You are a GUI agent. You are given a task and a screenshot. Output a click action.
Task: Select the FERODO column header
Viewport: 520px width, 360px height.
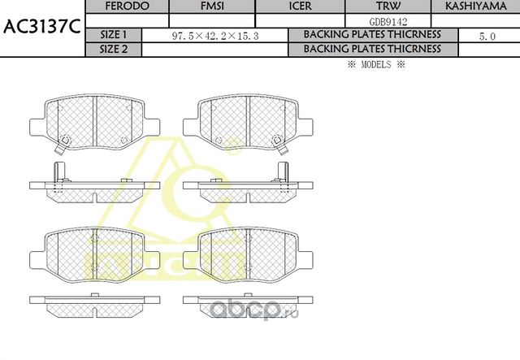click(x=127, y=7)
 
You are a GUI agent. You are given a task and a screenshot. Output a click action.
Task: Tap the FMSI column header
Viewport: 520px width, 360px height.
click(x=212, y=7)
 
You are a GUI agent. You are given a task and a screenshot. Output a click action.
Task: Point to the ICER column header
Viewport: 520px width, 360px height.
click(x=300, y=7)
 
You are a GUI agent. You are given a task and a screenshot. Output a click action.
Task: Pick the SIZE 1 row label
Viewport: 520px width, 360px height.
click(x=113, y=35)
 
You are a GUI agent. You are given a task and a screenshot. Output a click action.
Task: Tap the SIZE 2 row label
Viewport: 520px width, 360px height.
click(x=113, y=49)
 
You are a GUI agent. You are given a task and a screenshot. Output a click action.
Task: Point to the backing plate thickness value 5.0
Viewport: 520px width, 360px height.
click(x=488, y=36)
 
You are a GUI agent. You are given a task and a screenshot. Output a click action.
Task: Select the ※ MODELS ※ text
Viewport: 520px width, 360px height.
click(x=375, y=64)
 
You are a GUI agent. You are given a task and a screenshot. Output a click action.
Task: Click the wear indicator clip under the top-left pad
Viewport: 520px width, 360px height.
click(x=62, y=146)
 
